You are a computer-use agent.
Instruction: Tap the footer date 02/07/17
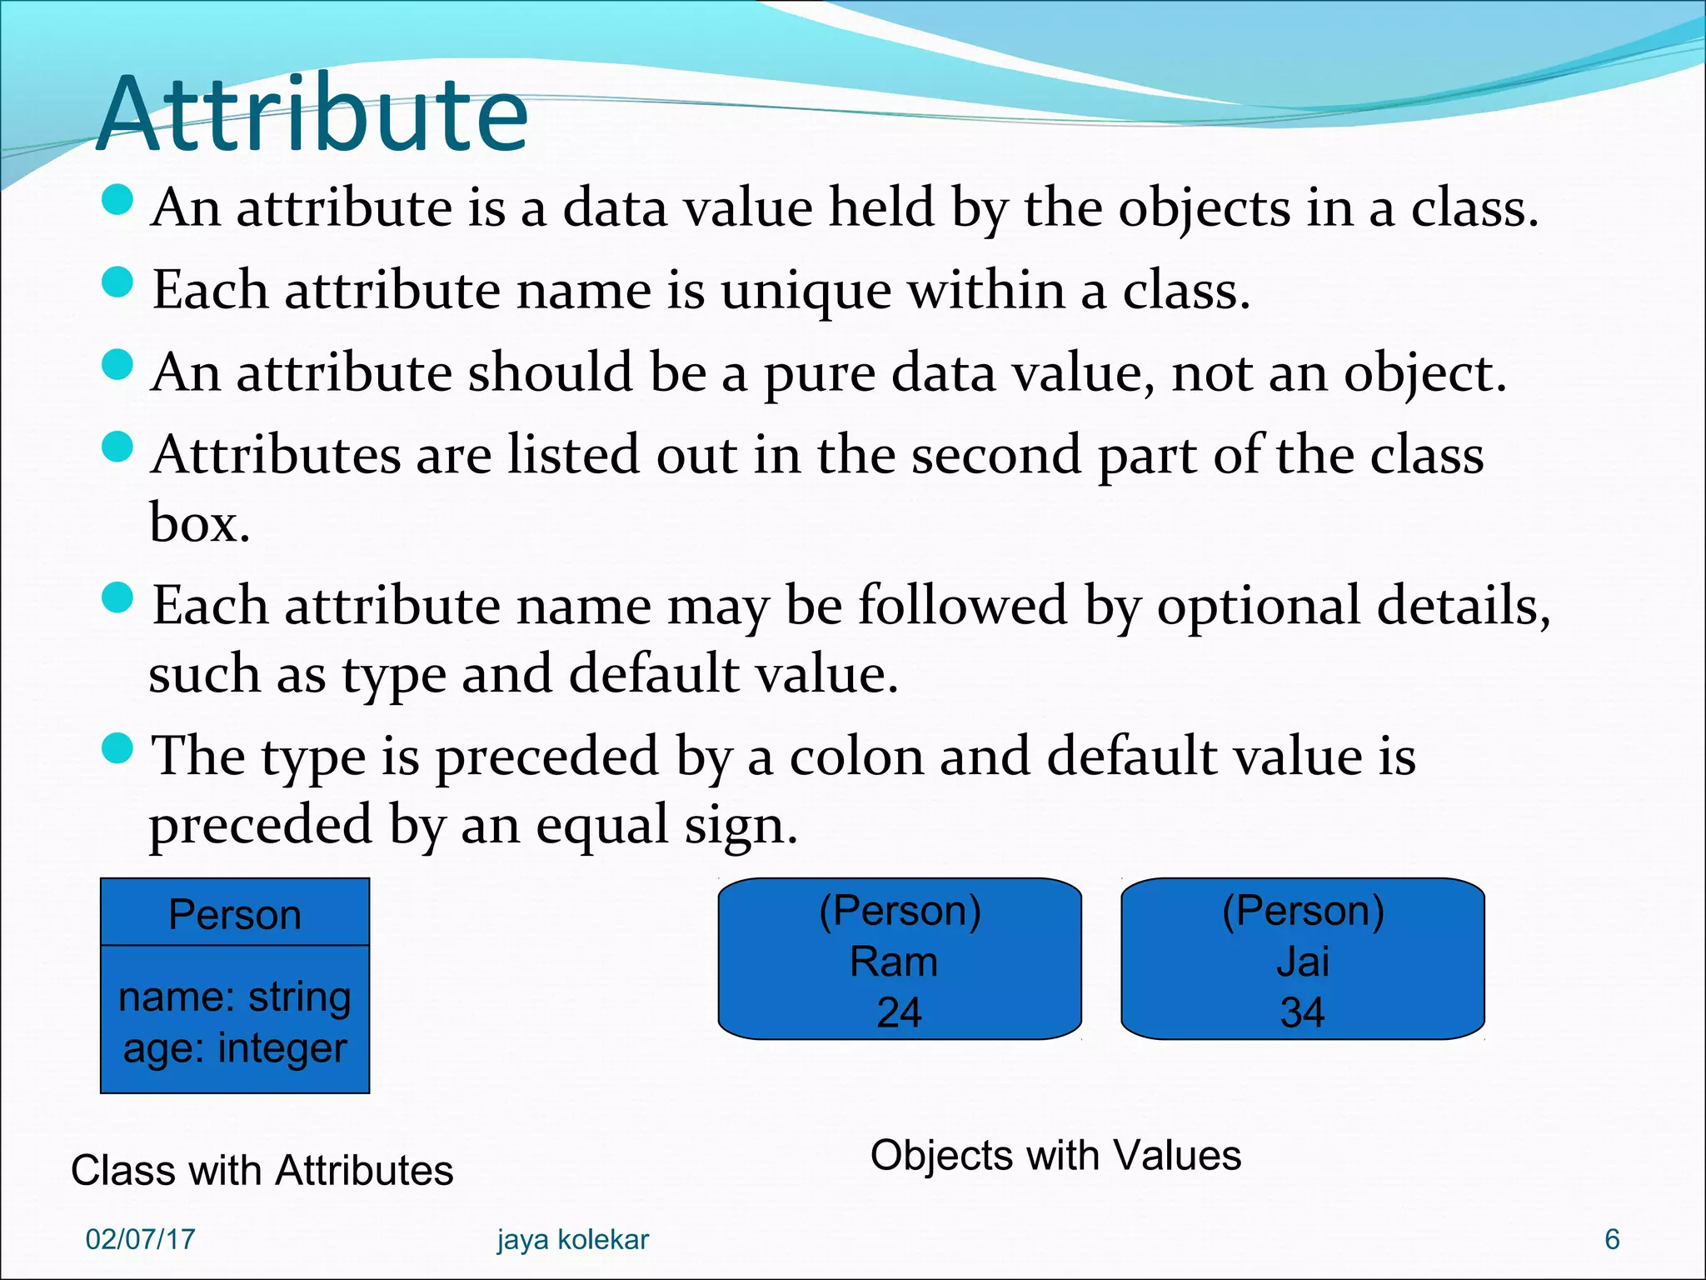tap(140, 1239)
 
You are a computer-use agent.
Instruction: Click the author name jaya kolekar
tap(573, 1239)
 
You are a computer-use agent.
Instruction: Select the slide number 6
tap(1612, 1239)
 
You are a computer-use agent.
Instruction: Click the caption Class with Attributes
tap(262, 1170)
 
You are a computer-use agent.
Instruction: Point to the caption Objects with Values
tap(1055, 1156)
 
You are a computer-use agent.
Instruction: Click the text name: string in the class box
tap(235, 997)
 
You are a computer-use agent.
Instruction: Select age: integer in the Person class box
tap(235, 1048)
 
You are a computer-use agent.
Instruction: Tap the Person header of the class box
tap(235, 914)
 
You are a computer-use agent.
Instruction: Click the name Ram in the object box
tap(894, 962)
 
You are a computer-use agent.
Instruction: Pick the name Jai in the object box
tap(1302, 962)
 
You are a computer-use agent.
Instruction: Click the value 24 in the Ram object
tap(899, 1013)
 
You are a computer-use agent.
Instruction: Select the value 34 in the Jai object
tap(1302, 1013)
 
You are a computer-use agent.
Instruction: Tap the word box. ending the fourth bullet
tap(200, 524)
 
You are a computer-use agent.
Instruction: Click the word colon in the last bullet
tap(857, 757)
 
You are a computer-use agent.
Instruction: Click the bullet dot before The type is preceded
tap(117, 747)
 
